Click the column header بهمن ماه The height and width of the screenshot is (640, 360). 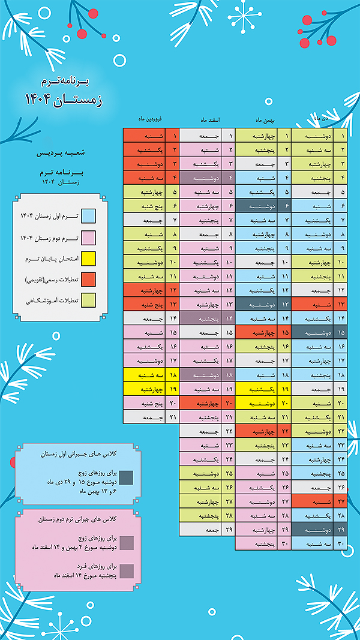coord(268,119)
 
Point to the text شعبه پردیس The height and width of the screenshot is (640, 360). coord(64,154)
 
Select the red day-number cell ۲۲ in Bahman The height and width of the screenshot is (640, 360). coord(286,431)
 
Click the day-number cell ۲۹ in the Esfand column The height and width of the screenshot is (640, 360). coord(229,530)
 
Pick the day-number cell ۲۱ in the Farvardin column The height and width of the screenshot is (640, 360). coord(172,416)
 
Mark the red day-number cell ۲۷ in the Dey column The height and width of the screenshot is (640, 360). coord(341,501)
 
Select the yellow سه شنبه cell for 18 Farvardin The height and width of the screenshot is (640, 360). coord(144,374)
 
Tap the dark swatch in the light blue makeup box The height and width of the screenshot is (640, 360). coord(125,477)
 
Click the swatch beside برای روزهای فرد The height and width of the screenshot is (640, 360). coord(125,570)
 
